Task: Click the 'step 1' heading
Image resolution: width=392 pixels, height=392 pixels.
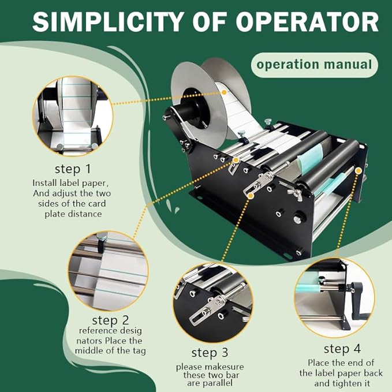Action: [x=72, y=169]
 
